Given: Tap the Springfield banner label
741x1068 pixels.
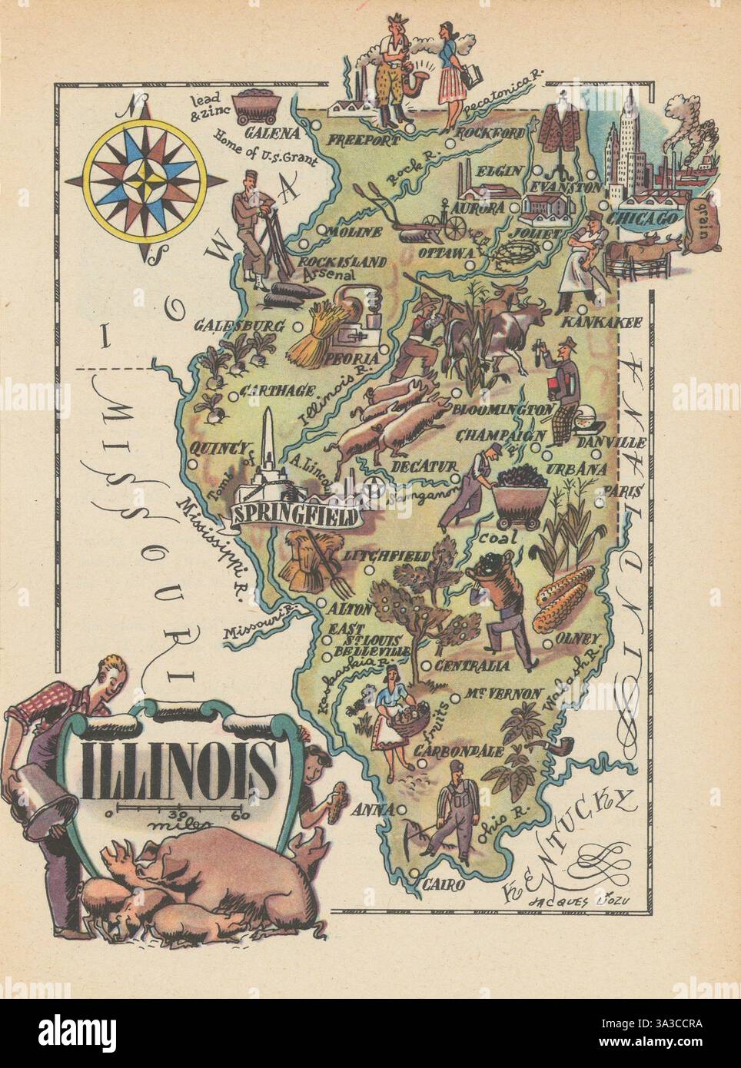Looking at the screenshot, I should tap(295, 514).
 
